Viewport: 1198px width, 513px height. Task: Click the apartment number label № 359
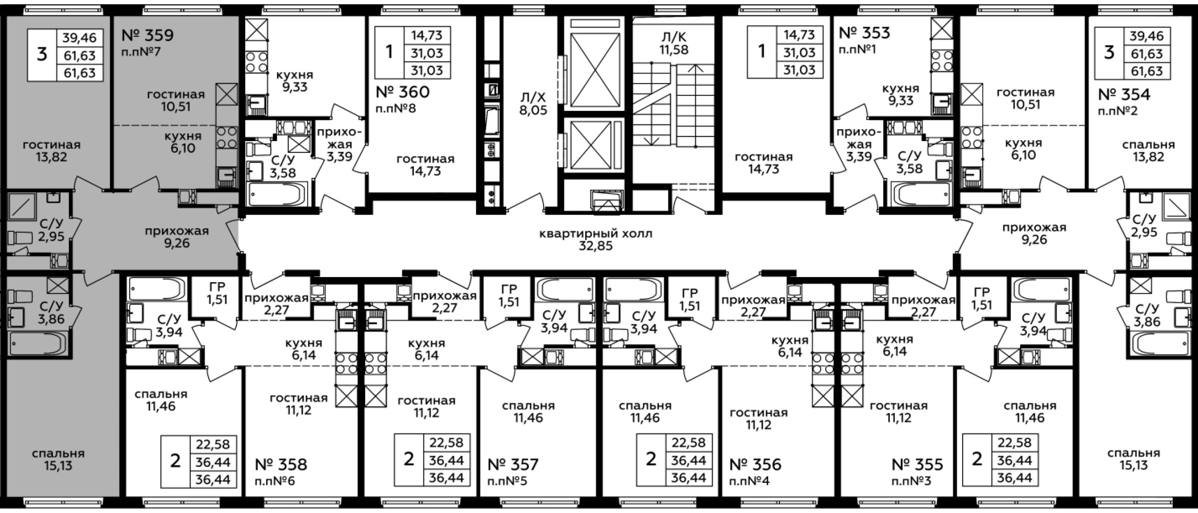point(148,35)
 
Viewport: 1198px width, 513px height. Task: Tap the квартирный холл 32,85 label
point(595,240)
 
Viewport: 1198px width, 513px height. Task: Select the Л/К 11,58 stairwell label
point(674,44)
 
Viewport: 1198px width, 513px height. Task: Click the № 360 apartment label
point(403,92)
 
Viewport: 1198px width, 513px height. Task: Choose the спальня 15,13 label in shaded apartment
point(58,460)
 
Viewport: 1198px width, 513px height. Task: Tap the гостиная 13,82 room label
point(52,151)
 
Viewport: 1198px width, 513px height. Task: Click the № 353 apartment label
point(865,33)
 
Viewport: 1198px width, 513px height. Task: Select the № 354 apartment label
point(1124,94)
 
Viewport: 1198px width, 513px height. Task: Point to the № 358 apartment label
point(281,465)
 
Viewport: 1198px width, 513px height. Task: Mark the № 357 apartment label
point(513,465)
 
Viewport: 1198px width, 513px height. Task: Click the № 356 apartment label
point(755,465)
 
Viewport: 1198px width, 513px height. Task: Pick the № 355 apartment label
point(917,465)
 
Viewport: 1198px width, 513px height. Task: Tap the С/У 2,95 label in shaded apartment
point(51,230)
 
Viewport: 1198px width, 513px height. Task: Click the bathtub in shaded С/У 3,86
point(38,343)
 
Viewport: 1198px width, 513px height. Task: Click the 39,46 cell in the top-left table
point(79,37)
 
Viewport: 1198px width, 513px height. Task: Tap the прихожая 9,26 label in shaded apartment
point(177,237)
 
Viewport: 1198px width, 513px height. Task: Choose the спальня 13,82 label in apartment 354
point(1148,151)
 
